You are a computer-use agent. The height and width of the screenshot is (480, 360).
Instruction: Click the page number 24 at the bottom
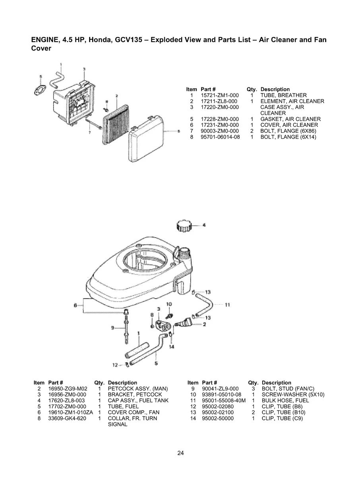[x=180, y=453]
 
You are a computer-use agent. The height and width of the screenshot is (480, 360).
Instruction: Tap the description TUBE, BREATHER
[x=283, y=95]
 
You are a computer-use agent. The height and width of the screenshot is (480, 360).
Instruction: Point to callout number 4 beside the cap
[x=204, y=225]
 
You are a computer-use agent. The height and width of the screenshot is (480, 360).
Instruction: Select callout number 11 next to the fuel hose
[x=228, y=305]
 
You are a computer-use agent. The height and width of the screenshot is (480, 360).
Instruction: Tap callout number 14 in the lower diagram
[x=172, y=346]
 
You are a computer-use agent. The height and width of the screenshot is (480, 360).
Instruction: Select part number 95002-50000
[x=218, y=418]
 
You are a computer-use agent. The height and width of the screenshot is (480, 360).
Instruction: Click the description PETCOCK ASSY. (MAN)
[x=138, y=389]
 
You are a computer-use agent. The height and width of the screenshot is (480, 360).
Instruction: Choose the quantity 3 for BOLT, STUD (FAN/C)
[x=253, y=389]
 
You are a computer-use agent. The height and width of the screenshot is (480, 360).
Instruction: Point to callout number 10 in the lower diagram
[x=169, y=304]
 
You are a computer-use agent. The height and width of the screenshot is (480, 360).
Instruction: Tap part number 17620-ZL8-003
[x=67, y=401]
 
